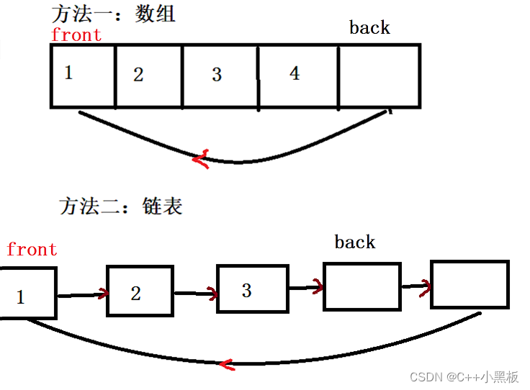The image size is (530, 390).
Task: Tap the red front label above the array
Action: click(x=76, y=35)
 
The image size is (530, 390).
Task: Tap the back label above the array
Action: click(x=369, y=28)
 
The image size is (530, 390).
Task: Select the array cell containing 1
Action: click(x=83, y=76)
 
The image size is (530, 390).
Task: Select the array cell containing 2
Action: click(x=148, y=76)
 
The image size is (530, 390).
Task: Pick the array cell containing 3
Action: click(x=220, y=76)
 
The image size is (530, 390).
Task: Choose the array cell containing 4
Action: click(x=297, y=76)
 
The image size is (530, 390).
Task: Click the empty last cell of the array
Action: click(x=379, y=76)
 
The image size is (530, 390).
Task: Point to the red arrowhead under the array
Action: click(x=202, y=158)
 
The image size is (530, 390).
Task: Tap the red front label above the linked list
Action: click(x=32, y=250)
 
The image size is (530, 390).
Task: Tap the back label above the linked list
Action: click(x=355, y=242)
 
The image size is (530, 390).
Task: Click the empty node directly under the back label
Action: click(x=361, y=286)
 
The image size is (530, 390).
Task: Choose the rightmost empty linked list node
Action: click(x=470, y=284)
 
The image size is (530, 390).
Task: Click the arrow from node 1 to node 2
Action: click(x=81, y=294)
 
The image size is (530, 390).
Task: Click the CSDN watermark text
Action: click(x=464, y=376)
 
